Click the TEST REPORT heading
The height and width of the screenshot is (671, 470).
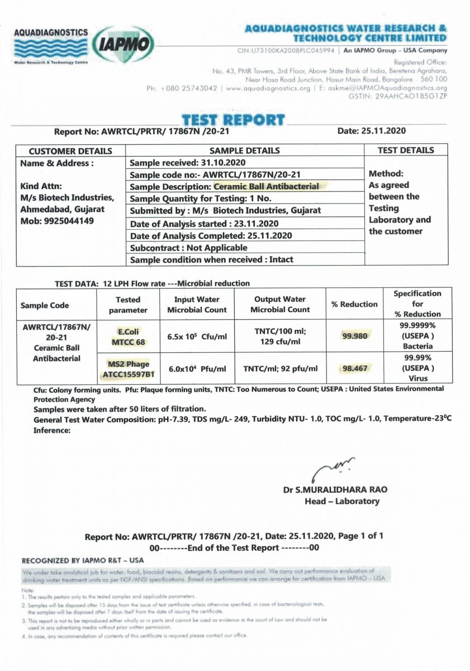tap(233, 120)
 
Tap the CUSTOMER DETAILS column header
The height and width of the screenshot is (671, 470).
tap(70, 151)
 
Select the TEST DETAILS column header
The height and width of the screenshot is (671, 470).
tap(406, 150)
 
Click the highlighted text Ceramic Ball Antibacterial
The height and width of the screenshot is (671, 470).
tap(267, 187)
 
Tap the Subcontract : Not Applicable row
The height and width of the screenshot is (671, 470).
tap(189, 248)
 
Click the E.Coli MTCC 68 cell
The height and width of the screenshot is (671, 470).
tap(128, 336)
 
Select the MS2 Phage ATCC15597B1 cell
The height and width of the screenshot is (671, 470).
tap(128, 368)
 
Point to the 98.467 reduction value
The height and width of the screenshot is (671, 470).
tap(355, 368)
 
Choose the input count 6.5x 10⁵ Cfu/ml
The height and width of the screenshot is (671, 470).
tap(197, 337)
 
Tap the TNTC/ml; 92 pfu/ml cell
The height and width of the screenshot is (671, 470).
tap(280, 369)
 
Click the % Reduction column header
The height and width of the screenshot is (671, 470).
tap(354, 304)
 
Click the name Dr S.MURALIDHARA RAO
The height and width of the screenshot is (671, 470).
tap(335, 490)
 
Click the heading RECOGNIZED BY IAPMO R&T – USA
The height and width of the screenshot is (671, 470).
tap(83, 560)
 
